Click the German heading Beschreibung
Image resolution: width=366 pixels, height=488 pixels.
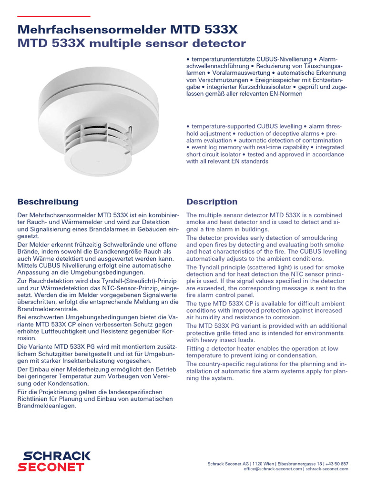tap(48, 202)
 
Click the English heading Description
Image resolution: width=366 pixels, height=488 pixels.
tap(212, 202)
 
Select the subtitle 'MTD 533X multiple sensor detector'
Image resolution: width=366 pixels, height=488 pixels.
tap(131, 44)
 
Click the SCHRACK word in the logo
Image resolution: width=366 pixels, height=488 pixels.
tap(53, 456)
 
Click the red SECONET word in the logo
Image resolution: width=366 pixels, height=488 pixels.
tap(51, 468)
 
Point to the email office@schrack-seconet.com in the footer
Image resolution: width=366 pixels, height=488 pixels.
tap(273, 469)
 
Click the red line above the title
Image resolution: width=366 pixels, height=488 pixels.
tap(53, 16)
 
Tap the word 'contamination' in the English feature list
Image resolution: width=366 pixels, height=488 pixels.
tap(321, 140)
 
